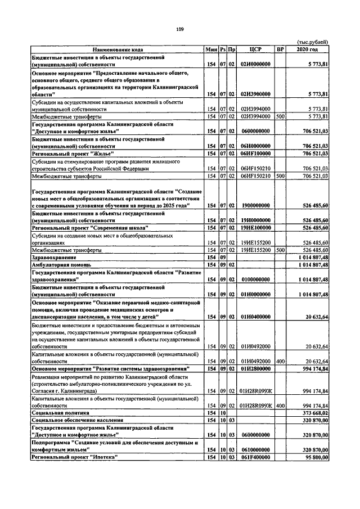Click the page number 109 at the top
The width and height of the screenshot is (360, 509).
[179, 29]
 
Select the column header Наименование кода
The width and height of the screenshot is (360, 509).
[118, 49]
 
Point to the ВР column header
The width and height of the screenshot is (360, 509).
[280, 49]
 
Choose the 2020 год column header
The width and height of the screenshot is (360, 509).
[307, 49]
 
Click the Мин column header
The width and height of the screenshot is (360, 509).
[211, 49]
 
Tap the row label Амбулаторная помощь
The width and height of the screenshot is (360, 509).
[62, 264]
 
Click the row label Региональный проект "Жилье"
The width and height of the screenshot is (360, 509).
[73, 153]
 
